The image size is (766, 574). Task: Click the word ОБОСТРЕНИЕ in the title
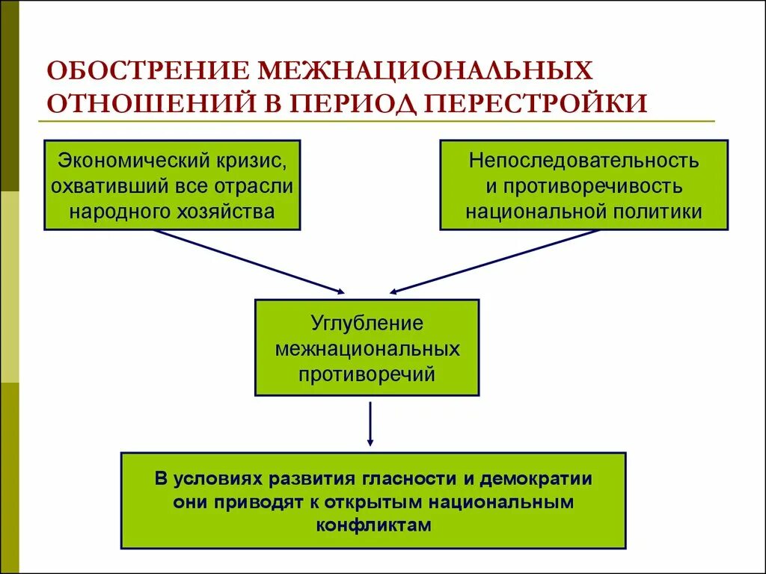coord(147,72)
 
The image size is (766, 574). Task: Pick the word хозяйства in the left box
coord(232,211)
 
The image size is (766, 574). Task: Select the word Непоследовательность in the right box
coord(583,160)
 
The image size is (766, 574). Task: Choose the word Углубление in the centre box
coord(367,324)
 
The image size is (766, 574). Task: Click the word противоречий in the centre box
coord(367,373)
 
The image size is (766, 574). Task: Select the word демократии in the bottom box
coord(536,478)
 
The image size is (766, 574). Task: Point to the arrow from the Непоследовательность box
coord(494,261)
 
